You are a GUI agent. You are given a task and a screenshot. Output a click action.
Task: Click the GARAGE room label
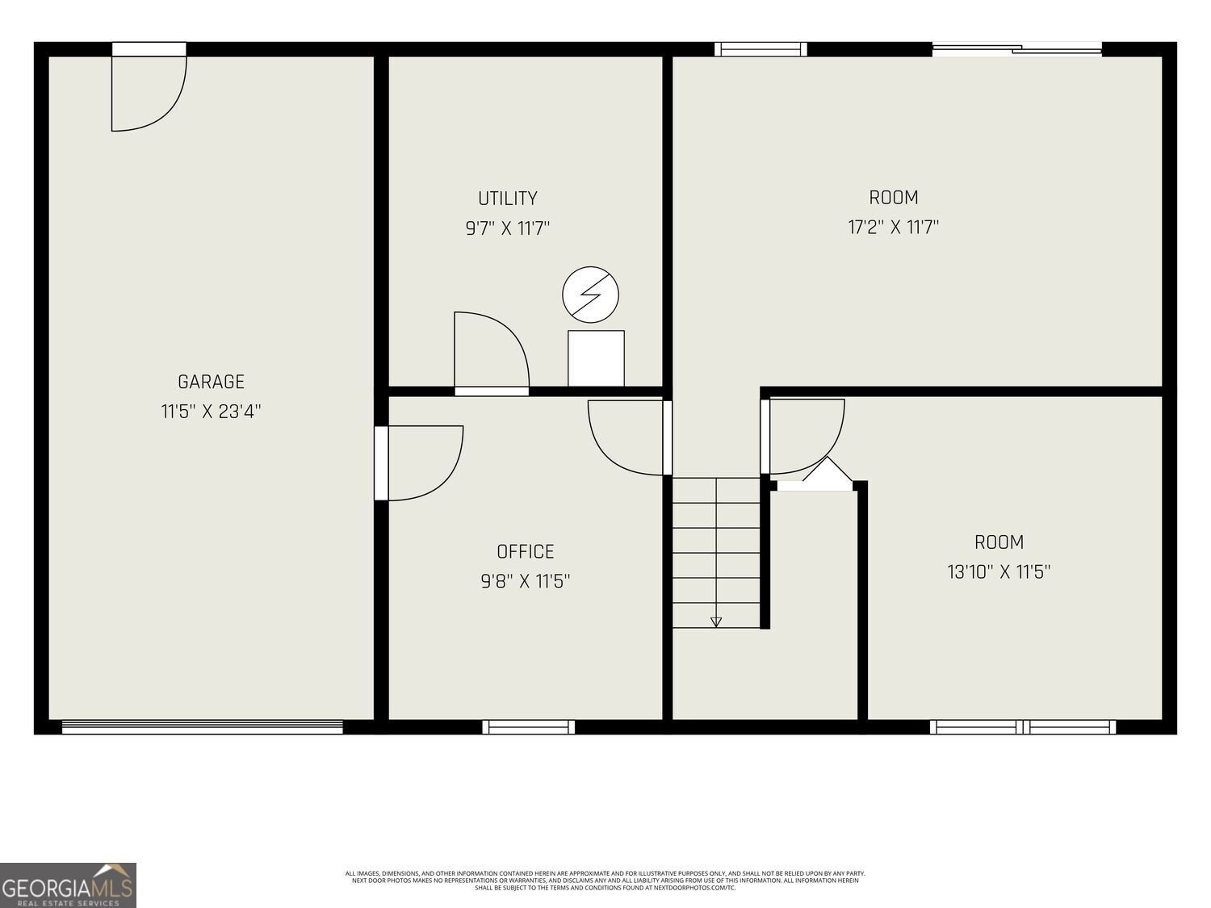pos(211,382)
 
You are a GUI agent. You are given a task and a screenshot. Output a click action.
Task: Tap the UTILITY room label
pos(507,199)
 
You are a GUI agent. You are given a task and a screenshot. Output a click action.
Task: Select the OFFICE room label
pos(525,551)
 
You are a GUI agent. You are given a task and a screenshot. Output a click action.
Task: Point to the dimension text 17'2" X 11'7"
pos(893,227)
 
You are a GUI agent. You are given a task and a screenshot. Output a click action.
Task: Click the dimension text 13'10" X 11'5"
pos(998,572)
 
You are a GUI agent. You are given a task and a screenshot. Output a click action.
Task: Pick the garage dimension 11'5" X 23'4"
pos(211,412)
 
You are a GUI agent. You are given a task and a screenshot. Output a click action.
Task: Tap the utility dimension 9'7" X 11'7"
pos(507,228)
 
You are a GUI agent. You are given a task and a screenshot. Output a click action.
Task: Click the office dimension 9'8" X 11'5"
pos(525,581)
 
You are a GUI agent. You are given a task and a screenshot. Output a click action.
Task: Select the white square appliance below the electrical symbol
pos(596,358)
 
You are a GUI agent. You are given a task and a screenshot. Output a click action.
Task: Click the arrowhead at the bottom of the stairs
pos(716,621)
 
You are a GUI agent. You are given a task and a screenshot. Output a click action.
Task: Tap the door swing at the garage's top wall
pos(149,89)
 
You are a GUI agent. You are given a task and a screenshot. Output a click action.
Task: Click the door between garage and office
pos(420,463)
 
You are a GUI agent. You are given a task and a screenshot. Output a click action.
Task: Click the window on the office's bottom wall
pos(529,727)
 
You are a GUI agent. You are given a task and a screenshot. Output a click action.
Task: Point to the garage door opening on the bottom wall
pos(202,727)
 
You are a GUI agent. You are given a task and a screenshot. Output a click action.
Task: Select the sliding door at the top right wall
pos(1016,49)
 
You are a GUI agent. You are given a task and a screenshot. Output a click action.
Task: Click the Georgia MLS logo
pos(68,885)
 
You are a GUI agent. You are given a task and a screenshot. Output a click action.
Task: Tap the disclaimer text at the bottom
pos(605,880)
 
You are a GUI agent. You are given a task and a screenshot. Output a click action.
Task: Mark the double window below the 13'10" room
pos(1023,727)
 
